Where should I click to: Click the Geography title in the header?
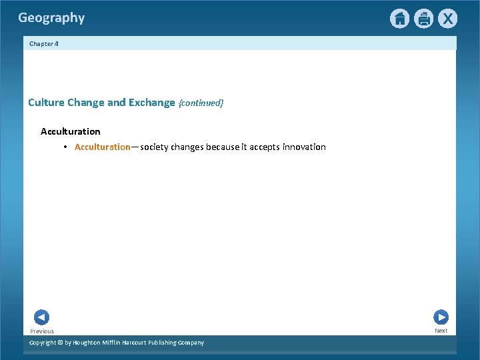(x=51, y=18)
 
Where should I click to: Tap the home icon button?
(x=399, y=19)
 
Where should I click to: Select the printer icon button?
(x=423, y=19)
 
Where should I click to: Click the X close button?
(x=447, y=19)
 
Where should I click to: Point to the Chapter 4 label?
(x=44, y=43)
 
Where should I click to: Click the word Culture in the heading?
(x=46, y=103)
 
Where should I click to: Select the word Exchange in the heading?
(x=151, y=103)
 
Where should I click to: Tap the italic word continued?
(x=201, y=103)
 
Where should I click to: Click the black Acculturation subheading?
(x=70, y=131)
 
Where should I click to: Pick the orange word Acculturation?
(x=103, y=147)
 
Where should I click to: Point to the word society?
(x=155, y=147)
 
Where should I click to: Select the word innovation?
(x=304, y=147)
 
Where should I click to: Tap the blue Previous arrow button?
(x=41, y=317)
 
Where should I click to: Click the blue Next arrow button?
(x=441, y=317)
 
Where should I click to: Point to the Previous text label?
(x=42, y=331)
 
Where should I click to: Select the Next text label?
(x=441, y=331)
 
